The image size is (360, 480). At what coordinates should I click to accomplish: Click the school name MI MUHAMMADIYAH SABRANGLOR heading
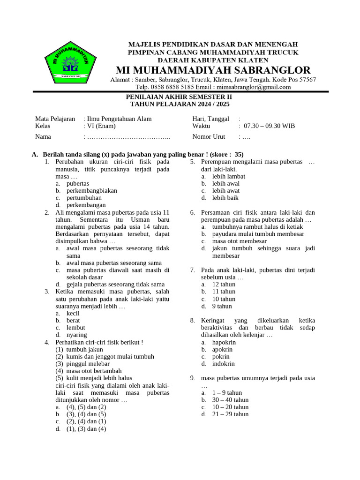point(210,70)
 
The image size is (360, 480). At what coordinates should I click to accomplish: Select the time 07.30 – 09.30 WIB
point(270,126)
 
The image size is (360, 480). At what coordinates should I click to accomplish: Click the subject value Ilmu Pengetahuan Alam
point(119,119)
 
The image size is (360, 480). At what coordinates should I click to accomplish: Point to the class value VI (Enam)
point(101,126)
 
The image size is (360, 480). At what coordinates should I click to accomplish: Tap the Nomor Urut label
point(209,137)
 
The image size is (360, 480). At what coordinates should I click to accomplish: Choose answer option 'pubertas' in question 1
point(78,184)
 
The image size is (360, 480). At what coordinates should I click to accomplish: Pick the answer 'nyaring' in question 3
point(77,335)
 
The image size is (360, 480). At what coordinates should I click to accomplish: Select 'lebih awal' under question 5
point(226,184)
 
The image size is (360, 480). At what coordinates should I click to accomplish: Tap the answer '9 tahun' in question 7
point(222,306)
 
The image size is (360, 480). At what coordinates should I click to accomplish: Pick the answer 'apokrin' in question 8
point(224,350)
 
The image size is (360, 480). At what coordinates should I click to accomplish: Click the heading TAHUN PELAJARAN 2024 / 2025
point(180,104)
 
